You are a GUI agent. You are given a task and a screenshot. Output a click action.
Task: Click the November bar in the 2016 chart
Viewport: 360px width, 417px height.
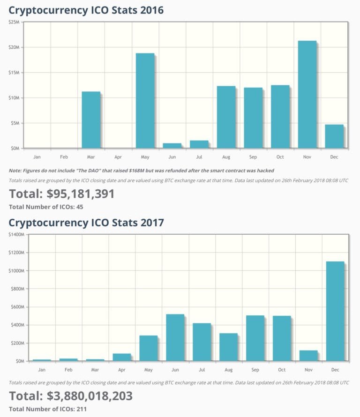pos(307,95)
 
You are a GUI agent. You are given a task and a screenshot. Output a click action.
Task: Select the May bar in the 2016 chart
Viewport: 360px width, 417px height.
pos(145,101)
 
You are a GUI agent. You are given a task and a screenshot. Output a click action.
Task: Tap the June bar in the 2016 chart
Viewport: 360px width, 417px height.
pos(172,146)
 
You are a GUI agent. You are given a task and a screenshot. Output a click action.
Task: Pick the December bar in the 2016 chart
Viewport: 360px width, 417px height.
pos(334,136)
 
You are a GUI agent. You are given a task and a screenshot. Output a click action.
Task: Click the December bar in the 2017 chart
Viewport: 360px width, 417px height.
pos(335,311)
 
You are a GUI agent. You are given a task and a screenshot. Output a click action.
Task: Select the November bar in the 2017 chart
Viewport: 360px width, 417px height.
pos(308,356)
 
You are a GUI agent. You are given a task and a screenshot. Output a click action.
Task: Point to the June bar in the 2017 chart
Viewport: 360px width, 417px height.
pos(175,337)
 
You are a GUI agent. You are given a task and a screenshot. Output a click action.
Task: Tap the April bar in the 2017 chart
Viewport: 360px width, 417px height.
pos(122,357)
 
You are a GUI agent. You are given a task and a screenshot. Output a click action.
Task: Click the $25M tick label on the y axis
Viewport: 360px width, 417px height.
pos(14,22)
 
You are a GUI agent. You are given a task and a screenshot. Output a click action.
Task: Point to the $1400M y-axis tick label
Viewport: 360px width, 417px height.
pos(16,235)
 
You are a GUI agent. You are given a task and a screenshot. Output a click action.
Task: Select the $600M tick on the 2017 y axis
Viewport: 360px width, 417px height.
pos(18,307)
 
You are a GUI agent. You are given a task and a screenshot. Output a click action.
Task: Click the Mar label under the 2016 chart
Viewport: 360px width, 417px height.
pos(91,157)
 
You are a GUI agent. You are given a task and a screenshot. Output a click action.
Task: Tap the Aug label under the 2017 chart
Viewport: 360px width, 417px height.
pos(228,370)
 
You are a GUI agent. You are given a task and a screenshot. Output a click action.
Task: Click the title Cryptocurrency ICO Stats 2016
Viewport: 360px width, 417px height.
pos(86,10)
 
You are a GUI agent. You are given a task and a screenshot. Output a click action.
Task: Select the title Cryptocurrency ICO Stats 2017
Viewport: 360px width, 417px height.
pos(86,222)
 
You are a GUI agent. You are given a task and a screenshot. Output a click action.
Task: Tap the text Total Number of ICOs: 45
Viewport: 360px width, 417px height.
pos(46,207)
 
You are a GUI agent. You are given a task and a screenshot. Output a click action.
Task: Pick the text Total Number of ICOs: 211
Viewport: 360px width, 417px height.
pos(48,409)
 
